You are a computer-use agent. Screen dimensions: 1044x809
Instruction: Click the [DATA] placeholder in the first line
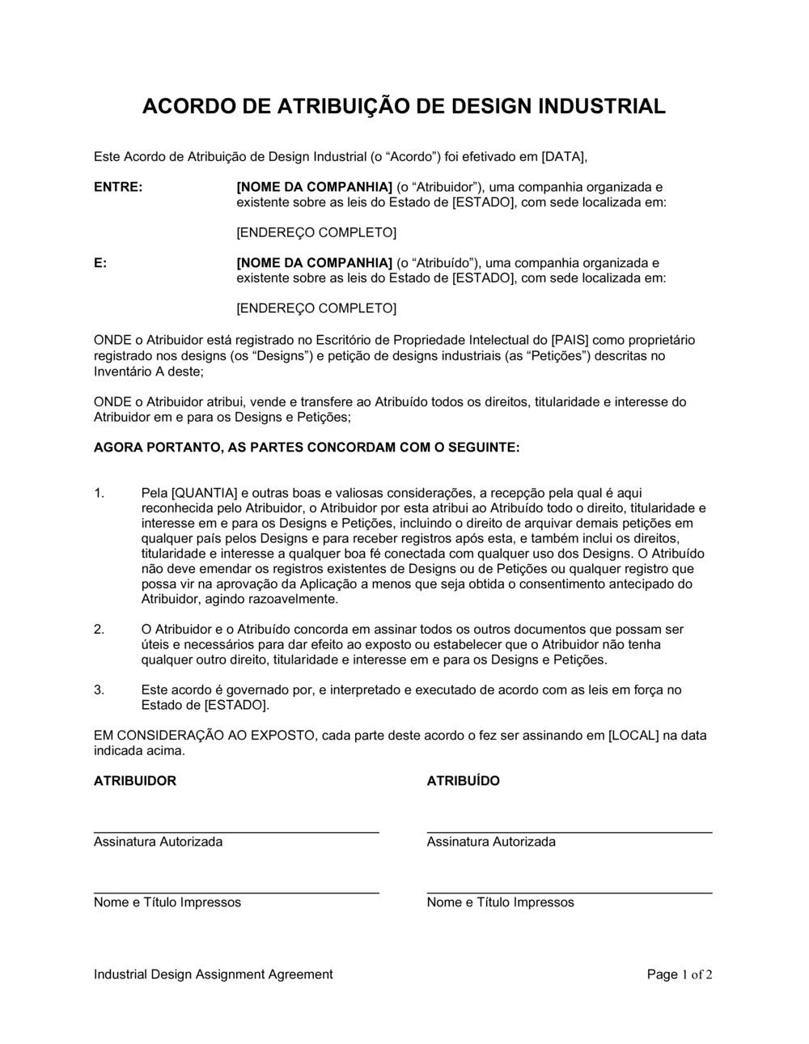[564, 156]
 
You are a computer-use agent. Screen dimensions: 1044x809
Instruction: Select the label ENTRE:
[118, 187]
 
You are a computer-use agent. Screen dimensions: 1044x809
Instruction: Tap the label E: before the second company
[100, 263]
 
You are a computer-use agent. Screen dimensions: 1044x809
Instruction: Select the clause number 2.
[99, 629]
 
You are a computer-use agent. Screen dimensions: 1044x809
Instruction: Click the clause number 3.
[99, 690]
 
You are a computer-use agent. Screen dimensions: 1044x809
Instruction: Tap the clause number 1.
[99, 493]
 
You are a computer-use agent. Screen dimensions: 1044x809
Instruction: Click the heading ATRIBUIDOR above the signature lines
[134, 781]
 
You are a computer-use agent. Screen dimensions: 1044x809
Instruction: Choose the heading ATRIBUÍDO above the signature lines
[463, 781]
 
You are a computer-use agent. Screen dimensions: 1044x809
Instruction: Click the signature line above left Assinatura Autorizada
[236, 832]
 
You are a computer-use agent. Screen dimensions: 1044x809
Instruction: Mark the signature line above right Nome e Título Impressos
[570, 893]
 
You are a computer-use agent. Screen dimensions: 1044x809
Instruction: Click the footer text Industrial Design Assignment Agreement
[213, 974]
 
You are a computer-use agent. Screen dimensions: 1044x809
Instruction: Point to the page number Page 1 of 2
[680, 974]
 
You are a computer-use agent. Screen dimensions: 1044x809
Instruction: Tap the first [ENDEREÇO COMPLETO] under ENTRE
[316, 233]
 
